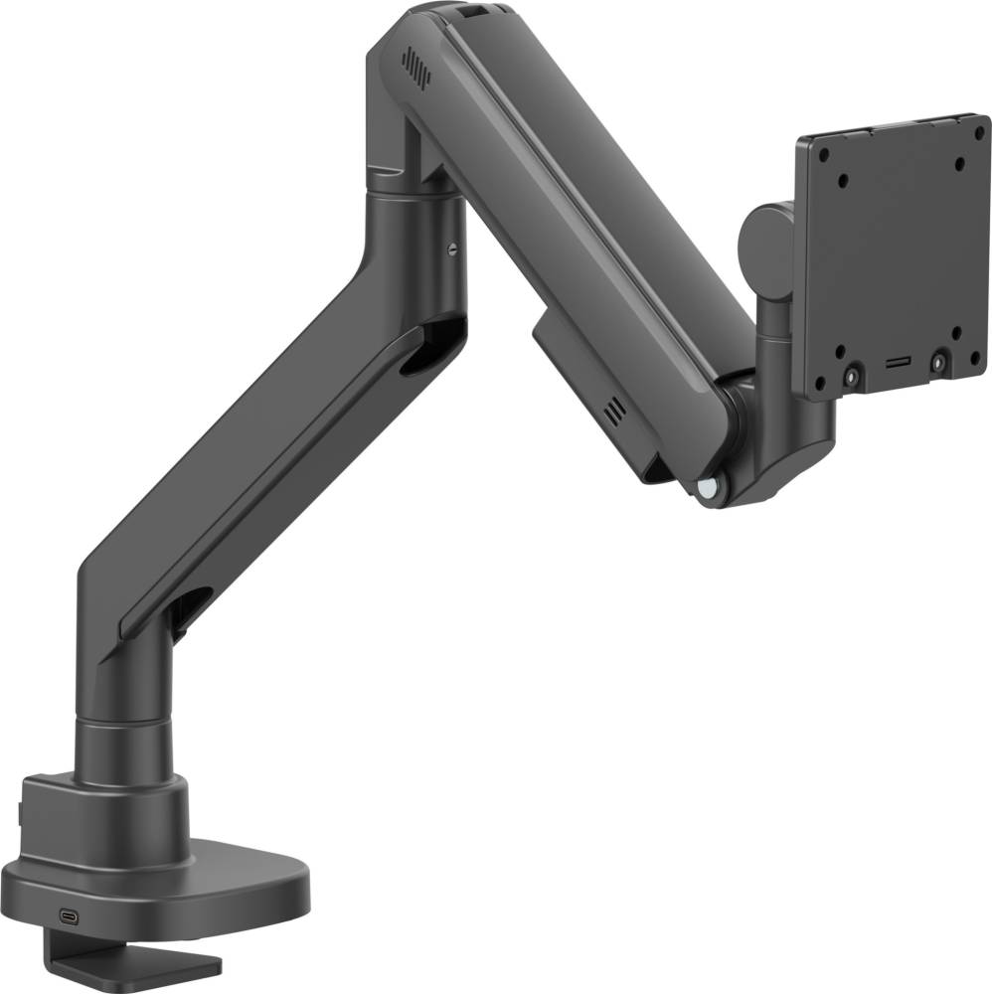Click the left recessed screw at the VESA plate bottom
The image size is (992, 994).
[x=853, y=377]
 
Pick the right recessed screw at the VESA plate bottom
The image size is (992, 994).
[x=937, y=363]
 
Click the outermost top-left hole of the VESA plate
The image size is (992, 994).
[x=823, y=156]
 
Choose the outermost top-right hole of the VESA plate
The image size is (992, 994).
[x=979, y=133]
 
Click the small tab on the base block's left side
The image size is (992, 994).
[x=21, y=814]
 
